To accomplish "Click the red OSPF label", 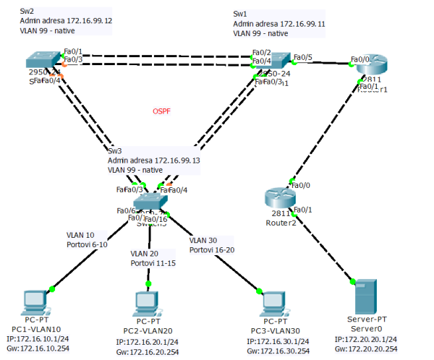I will [163, 111].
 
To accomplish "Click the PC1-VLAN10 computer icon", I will [35, 302].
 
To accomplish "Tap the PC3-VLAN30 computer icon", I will [271, 302].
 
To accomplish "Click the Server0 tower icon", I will [366, 298].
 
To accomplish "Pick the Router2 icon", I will [278, 197].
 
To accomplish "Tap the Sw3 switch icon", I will [150, 202].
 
